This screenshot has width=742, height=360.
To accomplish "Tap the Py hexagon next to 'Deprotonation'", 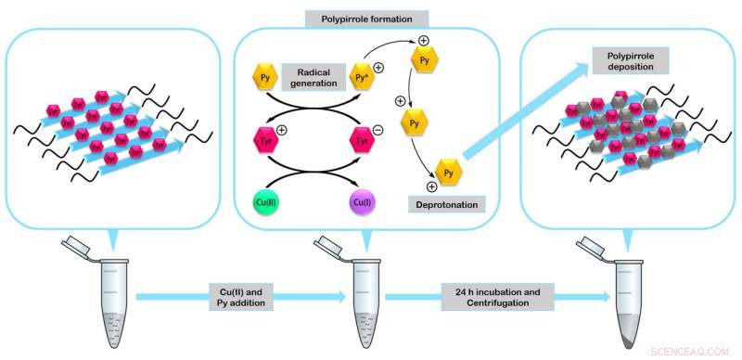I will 448,173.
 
